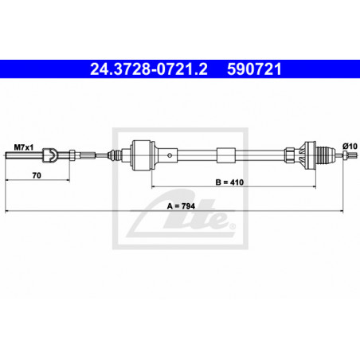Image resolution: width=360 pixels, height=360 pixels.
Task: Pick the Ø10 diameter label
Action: point(348,145)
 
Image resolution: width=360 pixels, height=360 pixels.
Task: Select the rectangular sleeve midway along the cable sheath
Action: point(227,154)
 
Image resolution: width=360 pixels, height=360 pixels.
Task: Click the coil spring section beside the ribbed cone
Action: point(323,155)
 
